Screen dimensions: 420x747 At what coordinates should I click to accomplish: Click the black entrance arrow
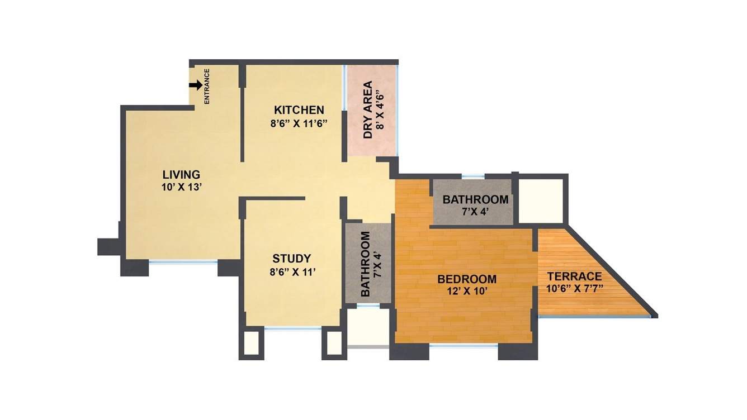[195, 85]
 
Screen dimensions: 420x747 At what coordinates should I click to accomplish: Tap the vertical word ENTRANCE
[206, 86]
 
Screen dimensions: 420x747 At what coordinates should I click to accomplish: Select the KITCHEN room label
[299, 109]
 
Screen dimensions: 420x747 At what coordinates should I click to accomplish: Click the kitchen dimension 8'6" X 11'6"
[299, 124]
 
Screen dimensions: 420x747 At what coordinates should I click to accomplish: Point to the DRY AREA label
[368, 111]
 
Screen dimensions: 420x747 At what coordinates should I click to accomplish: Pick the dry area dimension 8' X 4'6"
[382, 110]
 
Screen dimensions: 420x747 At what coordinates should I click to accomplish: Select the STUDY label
[291, 259]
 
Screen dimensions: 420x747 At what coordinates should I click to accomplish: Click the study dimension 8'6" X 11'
[291, 273]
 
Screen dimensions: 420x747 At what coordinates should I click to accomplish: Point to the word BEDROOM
[467, 279]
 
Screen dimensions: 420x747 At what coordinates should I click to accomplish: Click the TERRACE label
[574, 276]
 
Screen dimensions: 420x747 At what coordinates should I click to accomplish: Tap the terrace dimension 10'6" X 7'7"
[574, 289]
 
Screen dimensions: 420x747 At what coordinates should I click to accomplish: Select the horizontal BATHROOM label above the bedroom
[475, 199]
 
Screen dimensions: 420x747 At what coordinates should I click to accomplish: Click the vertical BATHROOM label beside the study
[366, 264]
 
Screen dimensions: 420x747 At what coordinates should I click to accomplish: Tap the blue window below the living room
[183, 261]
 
